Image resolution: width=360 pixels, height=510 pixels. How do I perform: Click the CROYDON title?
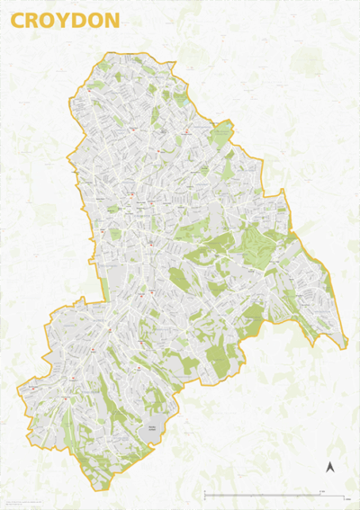pos(64,20)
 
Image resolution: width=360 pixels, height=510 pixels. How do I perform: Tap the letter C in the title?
pos(19,20)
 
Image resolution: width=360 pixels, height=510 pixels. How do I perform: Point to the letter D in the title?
pos(79,20)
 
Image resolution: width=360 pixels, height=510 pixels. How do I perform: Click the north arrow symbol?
pos(329,468)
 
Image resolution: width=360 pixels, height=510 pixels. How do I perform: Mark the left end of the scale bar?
pos(205,493)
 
